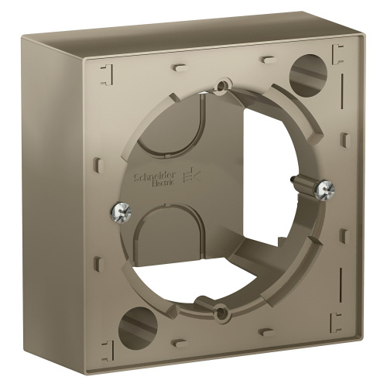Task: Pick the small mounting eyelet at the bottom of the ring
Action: (x=223, y=311)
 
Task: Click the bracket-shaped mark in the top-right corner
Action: (x=338, y=54)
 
